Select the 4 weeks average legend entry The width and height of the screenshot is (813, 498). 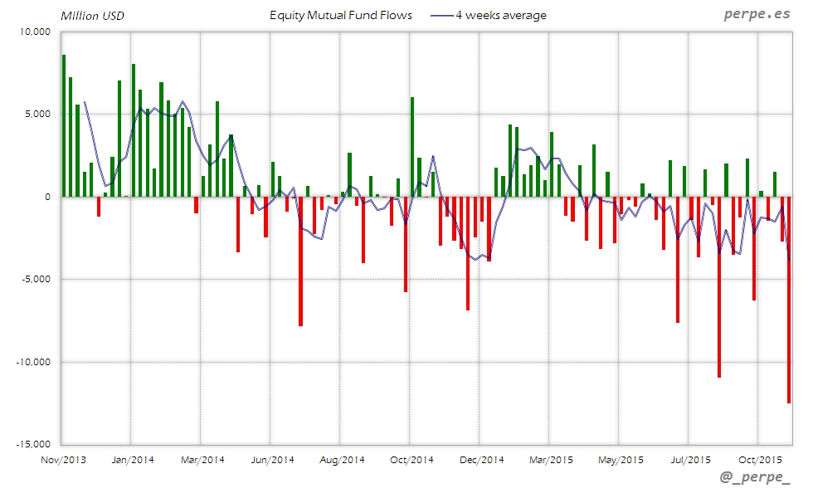coord(501,15)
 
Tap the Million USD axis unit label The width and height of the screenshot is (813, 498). coord(92,16)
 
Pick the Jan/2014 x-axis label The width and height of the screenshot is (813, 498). coord(131,459)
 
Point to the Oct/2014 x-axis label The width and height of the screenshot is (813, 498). coord(410,459)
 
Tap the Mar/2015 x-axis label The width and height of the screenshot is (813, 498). coord(550,459)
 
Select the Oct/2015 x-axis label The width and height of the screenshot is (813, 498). coord(758,459)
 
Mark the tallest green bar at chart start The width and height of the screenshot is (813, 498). coord(64,124)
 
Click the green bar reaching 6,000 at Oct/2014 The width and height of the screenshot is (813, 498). coord(412,147)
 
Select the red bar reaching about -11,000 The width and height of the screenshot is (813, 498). coord(719,286)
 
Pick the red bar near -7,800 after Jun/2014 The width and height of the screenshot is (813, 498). coord(300,261)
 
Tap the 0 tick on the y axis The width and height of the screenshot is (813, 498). coord(48,197)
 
